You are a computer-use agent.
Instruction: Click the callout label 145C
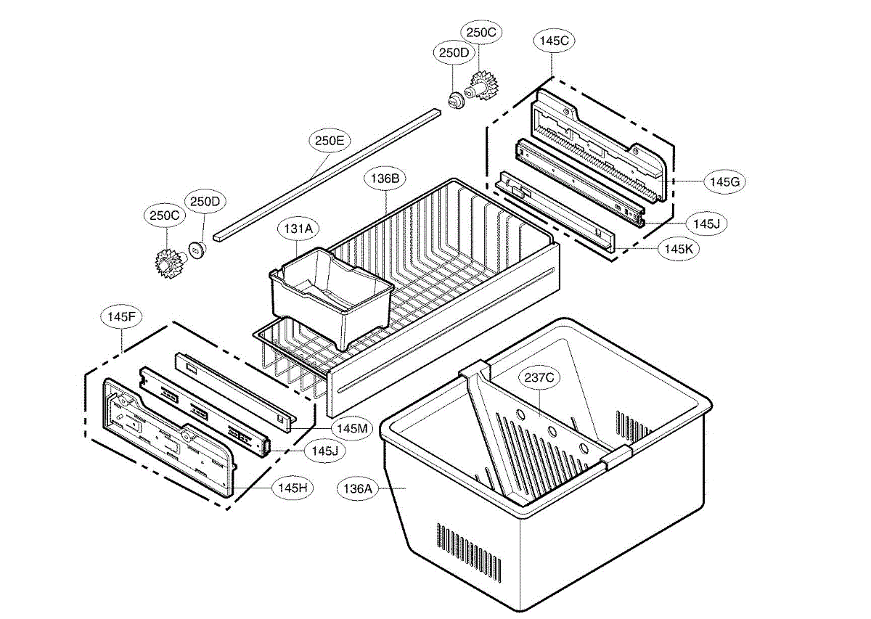(x=554, y=41)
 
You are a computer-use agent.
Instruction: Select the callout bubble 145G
(x=724, y=181)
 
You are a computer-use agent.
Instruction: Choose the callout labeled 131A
(x=298, y=229)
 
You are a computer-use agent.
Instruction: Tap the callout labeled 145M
(x=352, y=428)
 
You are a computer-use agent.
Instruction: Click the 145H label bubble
(x=293, y=488)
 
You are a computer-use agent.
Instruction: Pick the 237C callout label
(x=538, y=377)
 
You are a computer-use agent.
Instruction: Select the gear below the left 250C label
(x=168, y=261)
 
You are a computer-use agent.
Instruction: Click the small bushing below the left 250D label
(x=197, y=249)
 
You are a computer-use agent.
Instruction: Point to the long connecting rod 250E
(x=327, y=174)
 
